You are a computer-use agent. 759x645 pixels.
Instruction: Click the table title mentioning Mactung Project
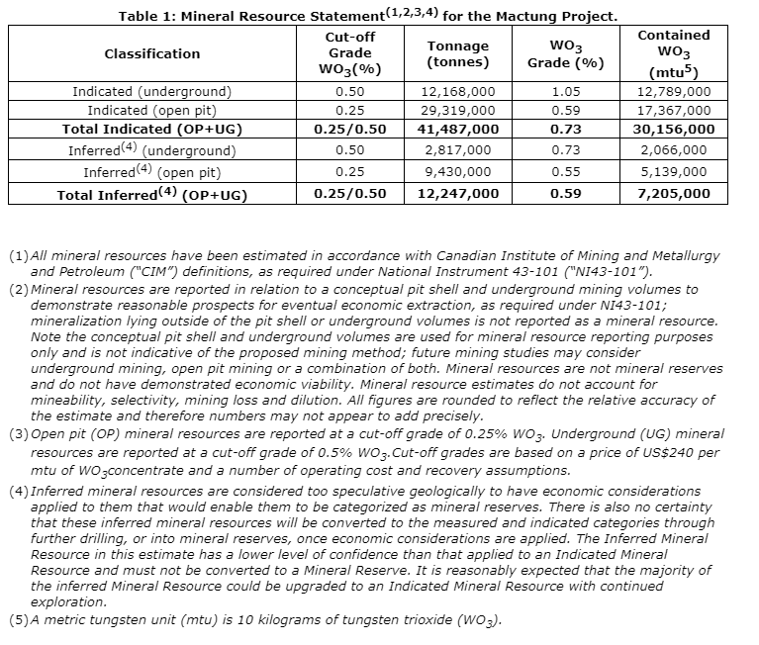[367, 16]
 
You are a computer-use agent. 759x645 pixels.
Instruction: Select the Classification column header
[151, 53]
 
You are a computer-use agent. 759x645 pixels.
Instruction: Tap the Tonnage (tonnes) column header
[457, 53]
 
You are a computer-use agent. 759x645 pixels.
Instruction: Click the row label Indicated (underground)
[151, 92]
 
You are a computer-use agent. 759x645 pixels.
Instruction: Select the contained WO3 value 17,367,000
[673, 111]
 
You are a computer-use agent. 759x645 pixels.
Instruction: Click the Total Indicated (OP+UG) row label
[151, 130]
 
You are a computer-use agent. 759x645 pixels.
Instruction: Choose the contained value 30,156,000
[673, 130]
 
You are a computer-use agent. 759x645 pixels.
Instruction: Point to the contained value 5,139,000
[673, 172]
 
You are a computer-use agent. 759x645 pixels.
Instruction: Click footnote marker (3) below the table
[19, 434]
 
